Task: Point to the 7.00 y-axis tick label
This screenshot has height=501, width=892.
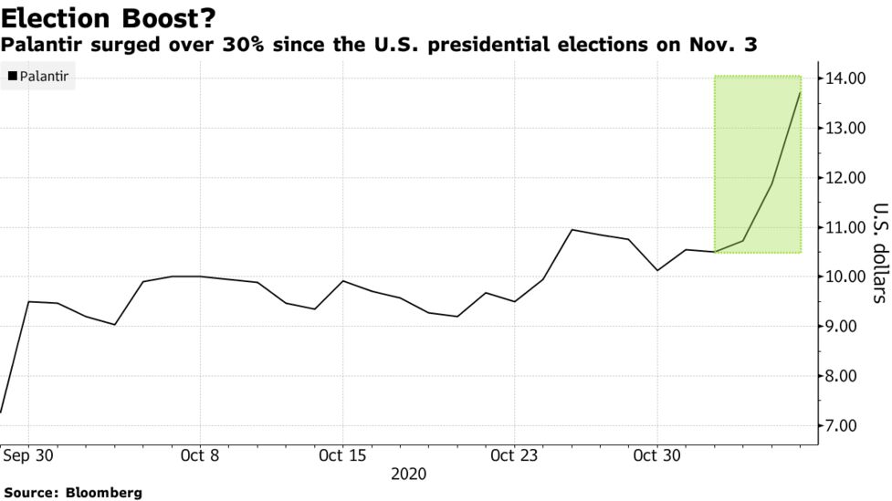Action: point(846,425)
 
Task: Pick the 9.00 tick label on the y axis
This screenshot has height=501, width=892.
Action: point(846,326)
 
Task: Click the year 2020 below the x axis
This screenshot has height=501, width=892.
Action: point(408,475)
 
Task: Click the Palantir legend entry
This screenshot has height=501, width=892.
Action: point(45,78)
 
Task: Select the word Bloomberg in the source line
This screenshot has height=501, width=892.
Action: point(104,493)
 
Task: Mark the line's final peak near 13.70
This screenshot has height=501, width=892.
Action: point(801,92)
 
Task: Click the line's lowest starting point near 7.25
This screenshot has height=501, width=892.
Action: point(1,412)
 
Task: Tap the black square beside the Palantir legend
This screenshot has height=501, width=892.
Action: point(11,78)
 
